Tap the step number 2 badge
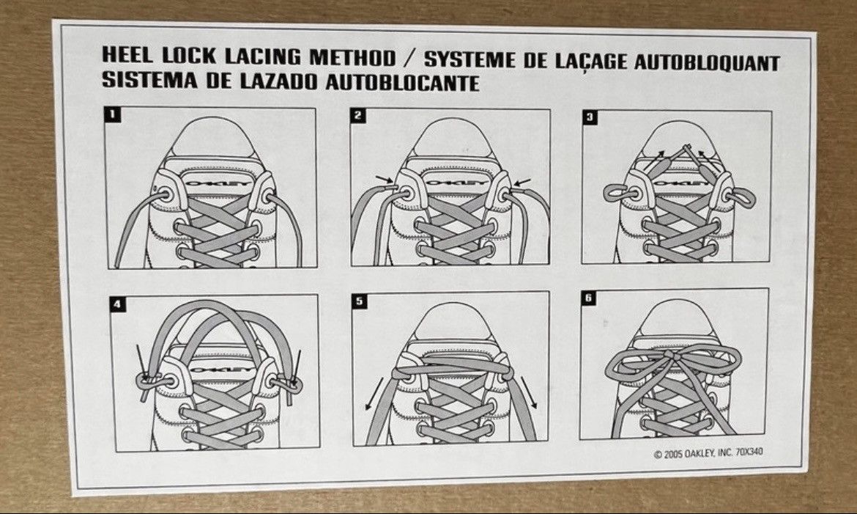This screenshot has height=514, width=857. (x=358, y=115)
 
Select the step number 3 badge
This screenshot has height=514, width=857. (x=590, y=117)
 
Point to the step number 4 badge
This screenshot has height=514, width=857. (x=118, y=304)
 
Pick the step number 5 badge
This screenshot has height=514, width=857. (x=359, y=301)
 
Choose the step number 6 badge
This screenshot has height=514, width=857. (x=588, y=298)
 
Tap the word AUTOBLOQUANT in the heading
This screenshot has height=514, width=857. (x=707, y=62)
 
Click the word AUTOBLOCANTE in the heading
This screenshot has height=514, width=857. (x=402, y=83)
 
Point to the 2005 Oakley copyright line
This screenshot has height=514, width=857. (x=708, y=452)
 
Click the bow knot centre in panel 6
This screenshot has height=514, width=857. (x=674, y=356)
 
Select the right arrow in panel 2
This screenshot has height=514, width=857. (x=523, y=182)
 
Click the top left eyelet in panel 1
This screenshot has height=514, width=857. (x=163, y=194)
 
